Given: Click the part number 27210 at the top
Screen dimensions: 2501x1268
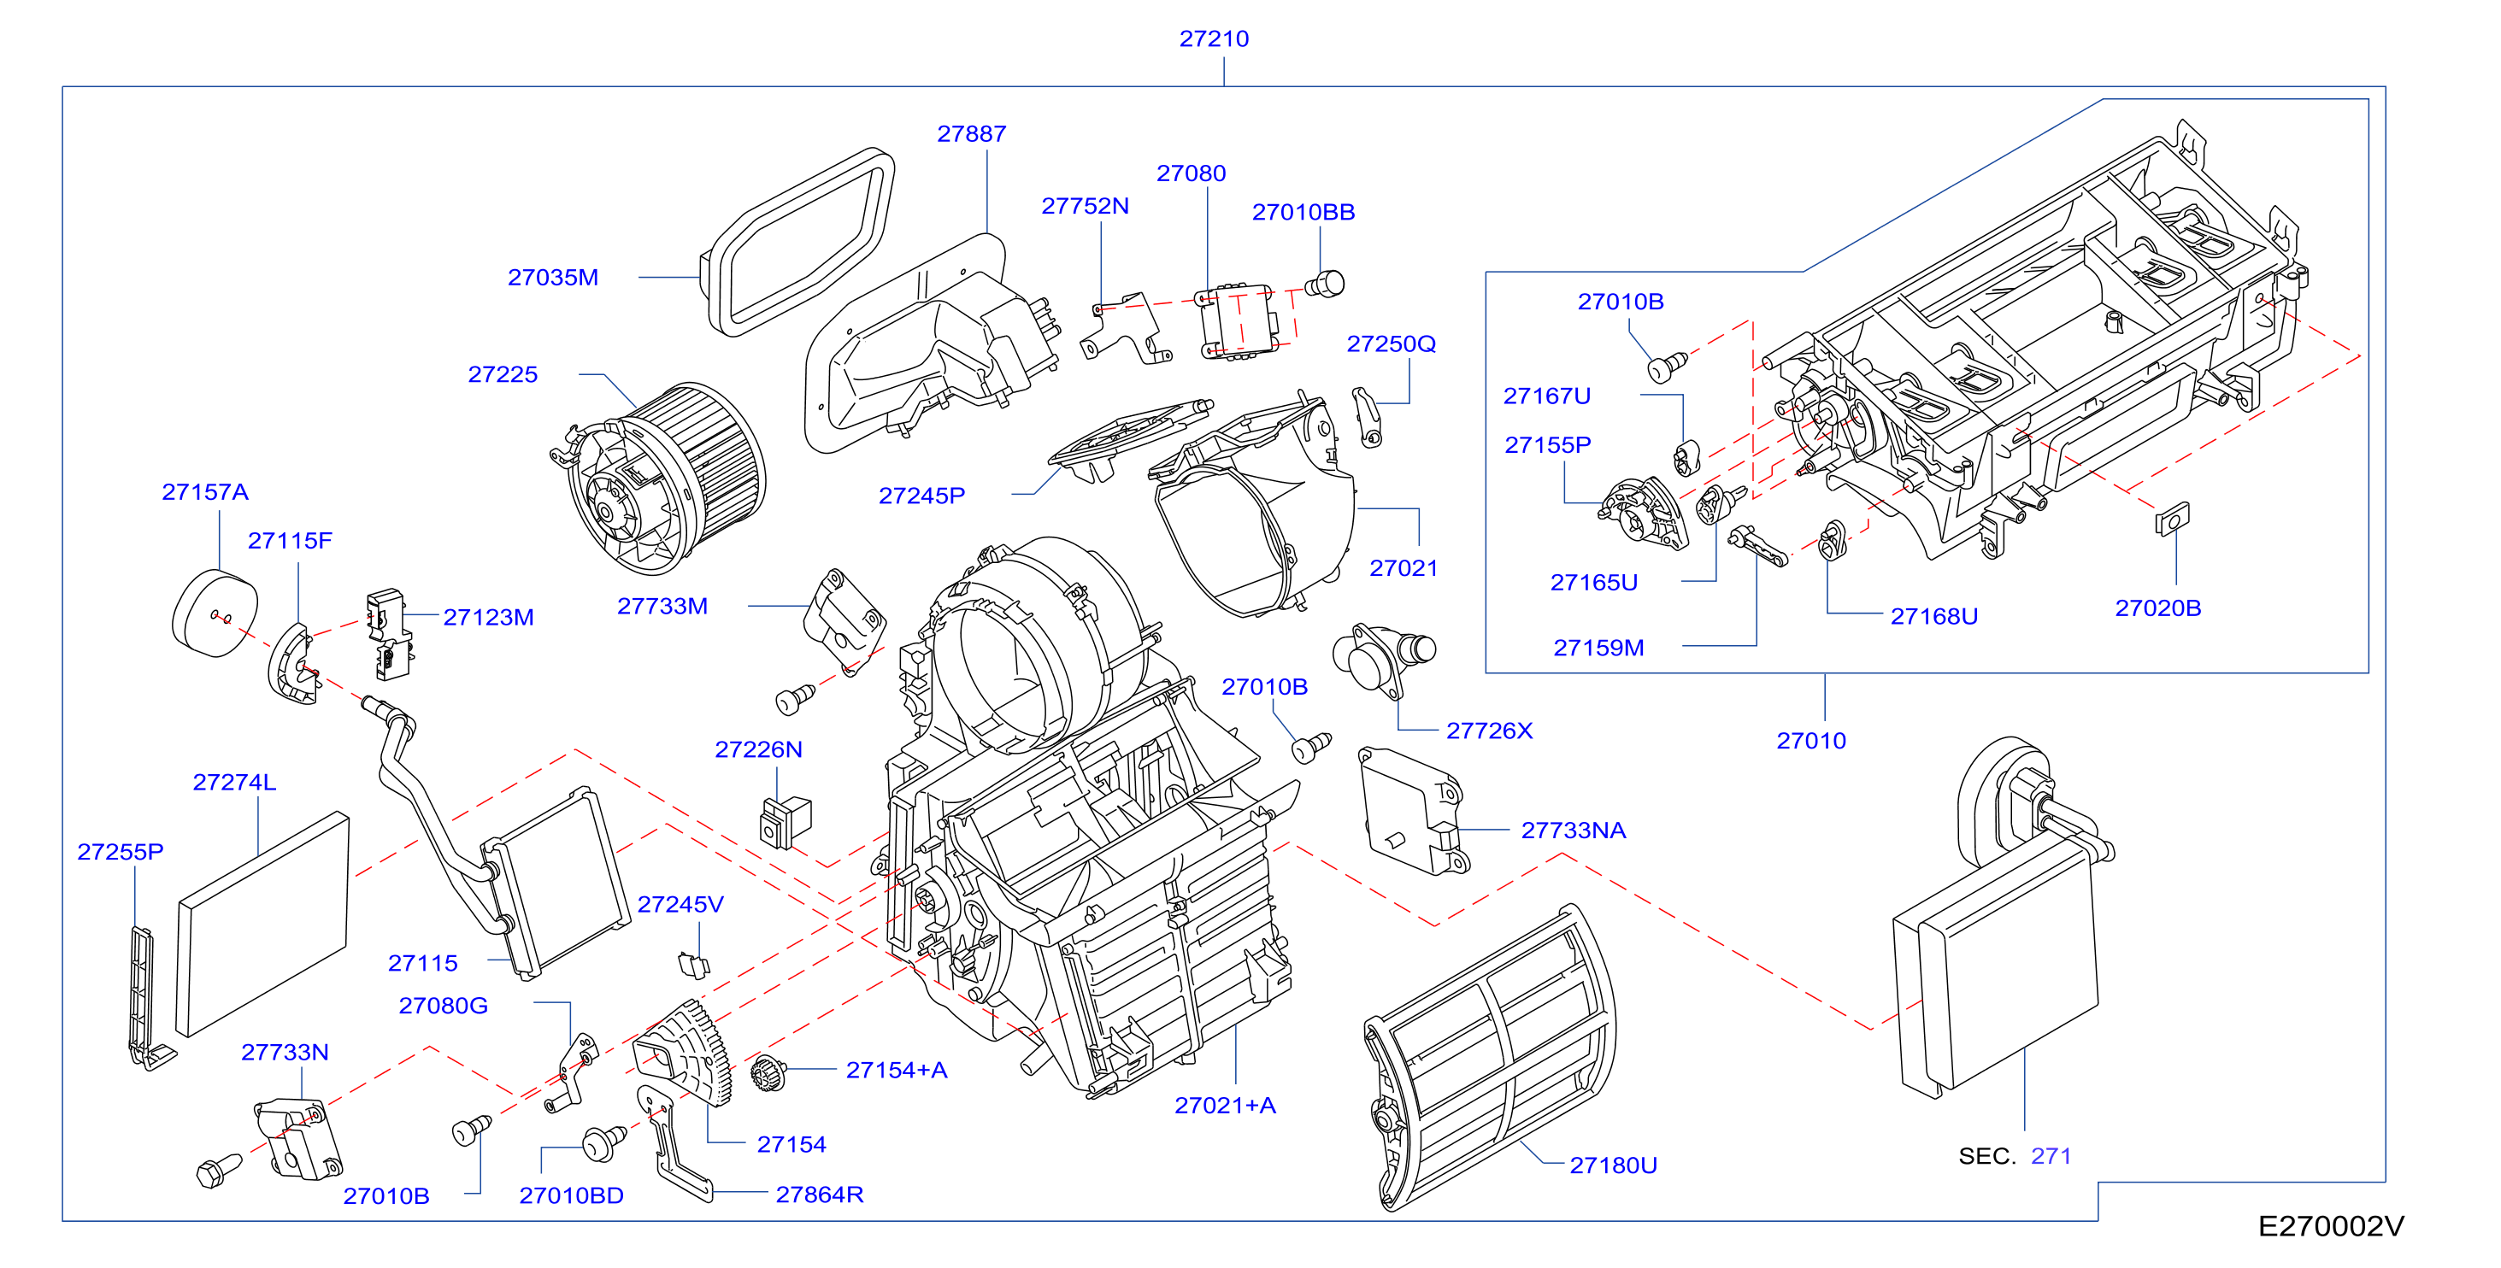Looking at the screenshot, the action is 1214,38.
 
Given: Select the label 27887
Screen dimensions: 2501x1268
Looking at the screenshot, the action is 971,134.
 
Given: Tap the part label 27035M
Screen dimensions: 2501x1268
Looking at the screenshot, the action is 552,278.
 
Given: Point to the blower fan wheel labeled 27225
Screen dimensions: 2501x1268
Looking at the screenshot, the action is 667,476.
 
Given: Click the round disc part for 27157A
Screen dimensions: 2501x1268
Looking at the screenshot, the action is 215,613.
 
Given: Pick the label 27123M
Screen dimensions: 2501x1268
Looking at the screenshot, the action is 488,618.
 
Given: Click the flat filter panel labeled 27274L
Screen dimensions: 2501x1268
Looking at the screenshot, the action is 262,925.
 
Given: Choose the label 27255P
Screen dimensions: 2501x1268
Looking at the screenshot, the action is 121,852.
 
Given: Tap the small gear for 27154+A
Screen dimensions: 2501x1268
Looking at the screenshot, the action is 768,1073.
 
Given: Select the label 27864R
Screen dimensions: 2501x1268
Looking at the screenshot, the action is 820,1195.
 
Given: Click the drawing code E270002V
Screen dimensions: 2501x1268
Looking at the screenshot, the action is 2331,1226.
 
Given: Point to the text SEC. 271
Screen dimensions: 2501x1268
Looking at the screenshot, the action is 2015,1156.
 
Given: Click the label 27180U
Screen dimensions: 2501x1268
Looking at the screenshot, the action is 1614,1165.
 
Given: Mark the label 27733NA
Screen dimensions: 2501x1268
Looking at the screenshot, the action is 1573,831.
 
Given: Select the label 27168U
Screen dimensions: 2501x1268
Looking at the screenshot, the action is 1934,617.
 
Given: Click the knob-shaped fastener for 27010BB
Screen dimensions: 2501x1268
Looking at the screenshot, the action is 1325,285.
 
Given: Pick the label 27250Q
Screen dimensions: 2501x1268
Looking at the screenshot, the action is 1392,343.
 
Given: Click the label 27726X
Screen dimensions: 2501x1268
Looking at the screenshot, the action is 1489,730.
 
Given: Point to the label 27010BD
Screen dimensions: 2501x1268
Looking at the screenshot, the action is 571,1195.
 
